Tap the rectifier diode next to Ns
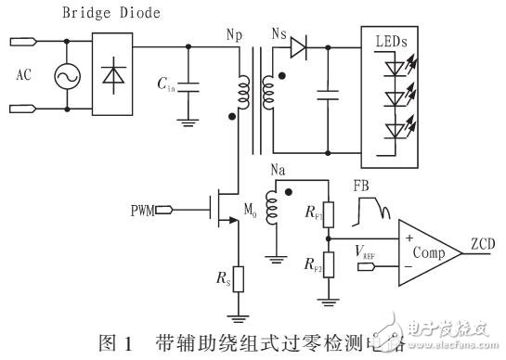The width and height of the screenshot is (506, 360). pos(297,43)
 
